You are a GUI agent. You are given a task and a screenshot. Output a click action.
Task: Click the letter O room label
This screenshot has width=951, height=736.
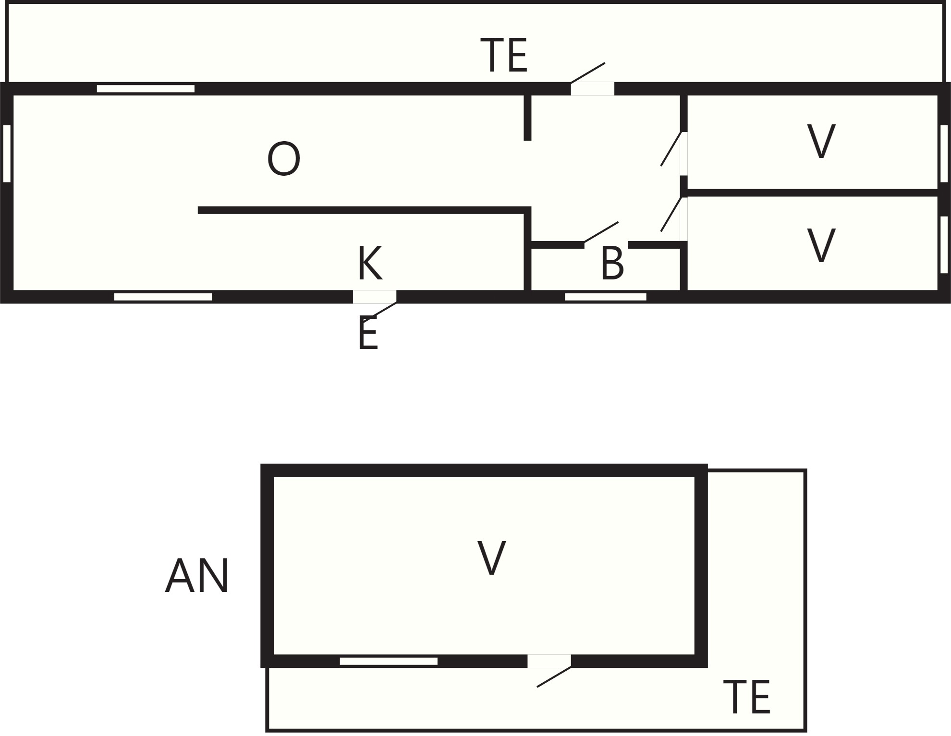pyautogui.click(x=284, y=159)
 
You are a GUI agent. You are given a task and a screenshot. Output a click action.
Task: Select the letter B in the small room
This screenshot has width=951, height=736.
pyautogui.click(x=612, y=263)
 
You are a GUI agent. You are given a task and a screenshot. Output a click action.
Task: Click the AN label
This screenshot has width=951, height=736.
pyautogui.click(x=197, y=576)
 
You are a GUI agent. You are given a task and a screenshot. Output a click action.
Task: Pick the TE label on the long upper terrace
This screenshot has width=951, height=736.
pyautogui.click(x=504, y=55)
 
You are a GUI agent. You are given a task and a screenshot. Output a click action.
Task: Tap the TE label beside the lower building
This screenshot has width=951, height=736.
pyautogui.click(x=747, y=697)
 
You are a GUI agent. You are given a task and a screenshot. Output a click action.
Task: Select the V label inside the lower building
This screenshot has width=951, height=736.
pyautogui.click(x=491, y=557)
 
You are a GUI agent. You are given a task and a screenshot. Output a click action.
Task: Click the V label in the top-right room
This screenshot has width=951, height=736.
pyautogui.click(x=821, y=141)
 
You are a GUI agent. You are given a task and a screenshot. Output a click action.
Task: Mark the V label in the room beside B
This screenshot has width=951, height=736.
pyautogui.click(x=821, y=245)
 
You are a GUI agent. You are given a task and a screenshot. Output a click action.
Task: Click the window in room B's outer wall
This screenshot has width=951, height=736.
pyautogui.click(x=606, y=297)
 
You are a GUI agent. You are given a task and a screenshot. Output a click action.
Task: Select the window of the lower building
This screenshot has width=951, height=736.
pyautogui.click(x=389, y=661)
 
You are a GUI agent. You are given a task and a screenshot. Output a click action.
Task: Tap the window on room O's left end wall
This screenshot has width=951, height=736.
pyautogui.click(x=7, y=154)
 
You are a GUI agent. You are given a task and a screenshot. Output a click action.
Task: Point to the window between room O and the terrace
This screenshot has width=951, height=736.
pyautogui.click(x=146, y=88)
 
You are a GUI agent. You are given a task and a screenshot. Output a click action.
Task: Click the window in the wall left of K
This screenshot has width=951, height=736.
pyautogui.click(x=163, y=297)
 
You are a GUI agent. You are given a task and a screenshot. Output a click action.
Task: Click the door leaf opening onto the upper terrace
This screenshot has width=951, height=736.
pyautogui.click(x=587, y=73)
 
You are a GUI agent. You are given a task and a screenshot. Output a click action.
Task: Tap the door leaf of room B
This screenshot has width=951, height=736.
pyautogui.click(x=601, y=232)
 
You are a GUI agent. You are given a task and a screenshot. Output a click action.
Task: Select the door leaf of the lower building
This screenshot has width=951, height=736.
pyautogui.click(x=554, y=677)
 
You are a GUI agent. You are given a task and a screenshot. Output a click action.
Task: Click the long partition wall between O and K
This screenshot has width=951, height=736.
pyautogui.click(x=364, y=210)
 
